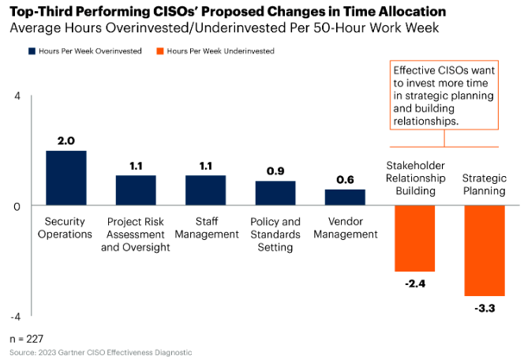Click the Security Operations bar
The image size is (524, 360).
point(66,178)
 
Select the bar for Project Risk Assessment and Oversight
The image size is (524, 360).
point(136,190)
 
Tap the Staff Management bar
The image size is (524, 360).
point(205,190)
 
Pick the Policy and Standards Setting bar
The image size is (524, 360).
point(275,193)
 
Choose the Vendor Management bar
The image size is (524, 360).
point(345,197)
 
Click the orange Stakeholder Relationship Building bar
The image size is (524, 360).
point(415,238)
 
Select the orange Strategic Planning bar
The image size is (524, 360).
point(485,250)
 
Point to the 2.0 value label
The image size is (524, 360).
point(66,141)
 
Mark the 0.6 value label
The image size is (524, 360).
point(345,180)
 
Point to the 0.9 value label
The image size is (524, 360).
point(275,171)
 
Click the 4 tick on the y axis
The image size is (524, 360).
point(17,96)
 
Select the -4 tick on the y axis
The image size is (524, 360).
point(14,316)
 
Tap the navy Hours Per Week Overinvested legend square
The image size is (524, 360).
point(32,51)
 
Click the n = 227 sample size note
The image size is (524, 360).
point(28,339)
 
